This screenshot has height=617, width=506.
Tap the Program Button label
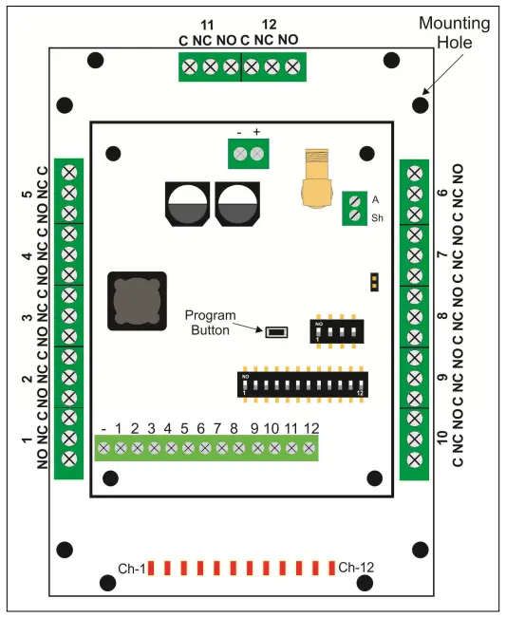207,323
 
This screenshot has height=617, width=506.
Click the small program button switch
276,332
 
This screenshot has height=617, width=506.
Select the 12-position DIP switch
302,384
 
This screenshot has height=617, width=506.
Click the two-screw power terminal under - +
248,153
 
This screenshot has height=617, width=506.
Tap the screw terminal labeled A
353,200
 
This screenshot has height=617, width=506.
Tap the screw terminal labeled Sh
353,216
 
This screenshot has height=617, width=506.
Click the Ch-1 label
131,569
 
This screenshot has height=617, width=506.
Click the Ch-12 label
356,568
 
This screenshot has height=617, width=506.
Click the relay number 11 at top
208,22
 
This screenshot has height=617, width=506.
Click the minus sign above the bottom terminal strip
103,430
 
